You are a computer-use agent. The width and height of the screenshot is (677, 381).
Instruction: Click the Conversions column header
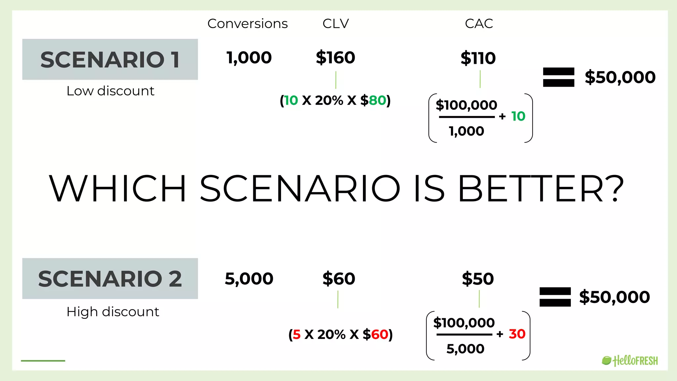(248, 24)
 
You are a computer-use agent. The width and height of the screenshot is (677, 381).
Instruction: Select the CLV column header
(336, 24)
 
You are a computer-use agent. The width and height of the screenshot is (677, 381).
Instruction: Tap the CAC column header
(479, 24)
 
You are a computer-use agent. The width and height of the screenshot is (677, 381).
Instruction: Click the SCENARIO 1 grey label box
(110, 60)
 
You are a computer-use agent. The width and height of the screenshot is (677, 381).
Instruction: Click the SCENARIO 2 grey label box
(110, 278)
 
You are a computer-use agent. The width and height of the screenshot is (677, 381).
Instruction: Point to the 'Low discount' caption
(110, 91)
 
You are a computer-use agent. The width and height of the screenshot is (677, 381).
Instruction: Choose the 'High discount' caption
(113, 312)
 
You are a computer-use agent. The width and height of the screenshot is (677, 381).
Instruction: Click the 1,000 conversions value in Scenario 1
(249, 58)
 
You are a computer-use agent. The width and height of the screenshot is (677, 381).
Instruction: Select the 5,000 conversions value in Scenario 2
(249, 279)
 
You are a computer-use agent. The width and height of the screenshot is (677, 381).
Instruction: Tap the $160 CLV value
(336, 58)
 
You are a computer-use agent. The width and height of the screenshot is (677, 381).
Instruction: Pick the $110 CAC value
(478, 58)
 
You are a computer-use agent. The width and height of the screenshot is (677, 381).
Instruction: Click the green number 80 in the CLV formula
(377, 101)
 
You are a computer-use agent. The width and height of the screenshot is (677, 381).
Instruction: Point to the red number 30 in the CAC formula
(517, 334)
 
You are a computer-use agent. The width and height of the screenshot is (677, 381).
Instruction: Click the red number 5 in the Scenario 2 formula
(297, 335)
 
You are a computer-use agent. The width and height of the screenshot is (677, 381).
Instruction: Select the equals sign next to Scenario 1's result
(558, 77)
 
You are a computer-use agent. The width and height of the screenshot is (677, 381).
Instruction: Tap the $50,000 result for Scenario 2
(614, 297)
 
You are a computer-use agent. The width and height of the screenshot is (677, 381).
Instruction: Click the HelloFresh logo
(630, 361)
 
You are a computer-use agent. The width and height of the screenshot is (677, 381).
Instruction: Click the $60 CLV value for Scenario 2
(339, 279)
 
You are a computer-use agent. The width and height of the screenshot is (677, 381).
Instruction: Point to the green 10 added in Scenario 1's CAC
(518, 116)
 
